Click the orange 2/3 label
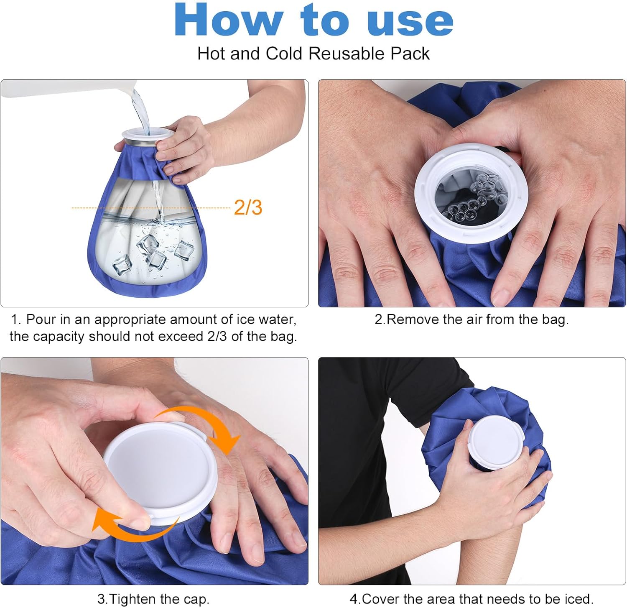(248, 207)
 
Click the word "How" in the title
(228, 20)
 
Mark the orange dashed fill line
(151, 208)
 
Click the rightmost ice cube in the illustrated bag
(184, 250)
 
